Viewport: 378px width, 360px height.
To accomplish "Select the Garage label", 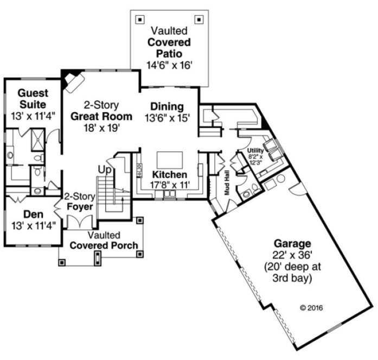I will click(x=292, y=243).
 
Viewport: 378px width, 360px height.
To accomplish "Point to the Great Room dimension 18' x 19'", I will click(x=101, y=128).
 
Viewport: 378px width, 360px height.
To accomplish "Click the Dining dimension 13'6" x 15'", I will click(x=167, y=118).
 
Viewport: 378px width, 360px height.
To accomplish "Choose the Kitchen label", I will click(x=170, y=175).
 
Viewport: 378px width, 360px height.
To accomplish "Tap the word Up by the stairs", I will click(x=104, y=170).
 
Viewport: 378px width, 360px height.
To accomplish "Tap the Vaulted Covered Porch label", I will click(x=104, y=240).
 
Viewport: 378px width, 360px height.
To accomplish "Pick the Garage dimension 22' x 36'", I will click(x=292, y=255).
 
